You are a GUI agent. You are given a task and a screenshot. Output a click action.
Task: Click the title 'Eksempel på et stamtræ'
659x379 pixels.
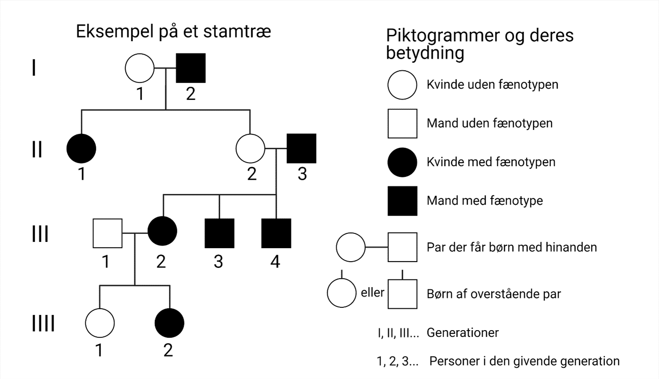tap(173, 32)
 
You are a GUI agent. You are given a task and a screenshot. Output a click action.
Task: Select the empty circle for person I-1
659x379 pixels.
tap(139, 69)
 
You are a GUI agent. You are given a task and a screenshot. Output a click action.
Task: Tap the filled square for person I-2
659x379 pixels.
tap(191, 69)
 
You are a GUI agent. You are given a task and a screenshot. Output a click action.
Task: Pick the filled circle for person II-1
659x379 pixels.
tap(81, 148)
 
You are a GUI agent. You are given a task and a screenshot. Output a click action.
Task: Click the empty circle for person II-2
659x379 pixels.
tap(250, 148)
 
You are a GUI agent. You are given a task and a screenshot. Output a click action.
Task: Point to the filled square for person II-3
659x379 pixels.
tap(301, 148)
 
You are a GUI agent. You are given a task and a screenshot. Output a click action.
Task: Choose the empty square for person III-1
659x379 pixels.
tap(107, 233)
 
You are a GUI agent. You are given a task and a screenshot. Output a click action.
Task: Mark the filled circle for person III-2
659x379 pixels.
tap(163, 231)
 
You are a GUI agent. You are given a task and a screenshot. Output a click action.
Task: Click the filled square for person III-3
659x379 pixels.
tap(219, 233)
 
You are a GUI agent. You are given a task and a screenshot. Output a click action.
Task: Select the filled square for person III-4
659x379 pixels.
tap(276, 233)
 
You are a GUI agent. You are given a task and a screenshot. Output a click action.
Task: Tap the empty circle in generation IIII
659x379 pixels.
tap(100, 323)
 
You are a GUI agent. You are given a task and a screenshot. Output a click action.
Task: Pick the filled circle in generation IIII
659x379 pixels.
tap(169, 323)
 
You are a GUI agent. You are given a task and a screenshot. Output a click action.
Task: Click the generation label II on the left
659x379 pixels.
tap(37, 149)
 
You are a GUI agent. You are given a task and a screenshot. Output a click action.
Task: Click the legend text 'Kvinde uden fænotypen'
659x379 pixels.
tap(492, 85)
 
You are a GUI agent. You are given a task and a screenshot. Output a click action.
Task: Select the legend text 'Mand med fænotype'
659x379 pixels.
tap(484, 201)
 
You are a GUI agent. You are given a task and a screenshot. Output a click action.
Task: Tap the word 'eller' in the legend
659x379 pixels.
tap(372, 293)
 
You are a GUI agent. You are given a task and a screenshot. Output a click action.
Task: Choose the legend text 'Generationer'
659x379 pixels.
tap(462, 333)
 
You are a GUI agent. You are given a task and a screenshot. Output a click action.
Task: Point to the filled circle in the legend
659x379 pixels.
tap(402, 162)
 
